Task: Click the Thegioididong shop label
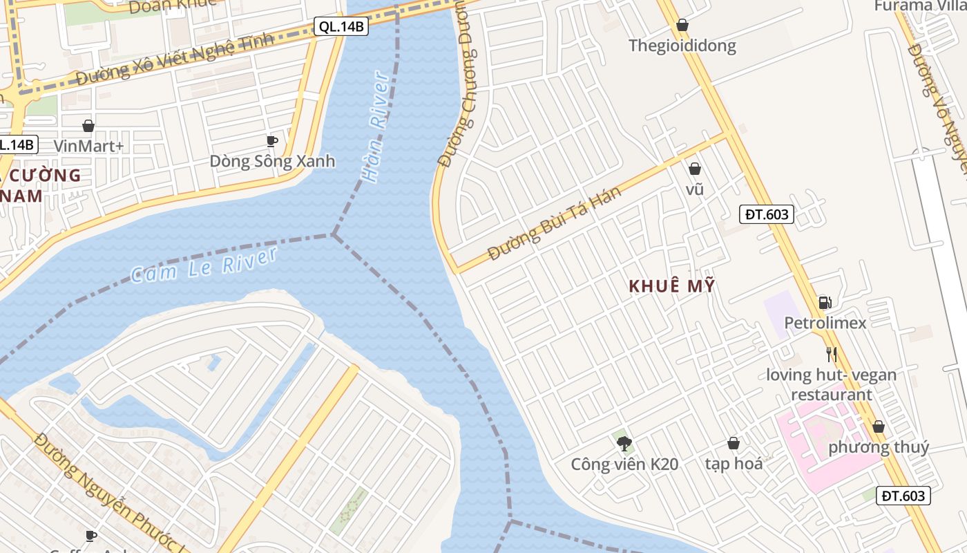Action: coord(682,46)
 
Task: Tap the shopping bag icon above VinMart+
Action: coord(88,126)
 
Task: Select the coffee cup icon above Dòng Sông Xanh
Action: coord(272,141)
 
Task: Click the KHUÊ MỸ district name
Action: coord(672,286)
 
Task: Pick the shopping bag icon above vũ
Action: coord(695,169)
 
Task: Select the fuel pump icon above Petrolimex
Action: coord(825,302)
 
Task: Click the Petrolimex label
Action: coord(825,323)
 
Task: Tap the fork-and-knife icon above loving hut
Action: coord(832,355)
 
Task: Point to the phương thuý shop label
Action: coord(879,447)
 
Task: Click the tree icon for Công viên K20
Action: coord(624,443)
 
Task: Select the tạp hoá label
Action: coord(734,464)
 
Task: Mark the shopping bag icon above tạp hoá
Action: coord(734,443)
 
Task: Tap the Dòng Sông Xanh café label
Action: coord(272,161)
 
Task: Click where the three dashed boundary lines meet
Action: coord(334,235)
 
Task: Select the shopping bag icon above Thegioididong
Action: coord(682,26)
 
